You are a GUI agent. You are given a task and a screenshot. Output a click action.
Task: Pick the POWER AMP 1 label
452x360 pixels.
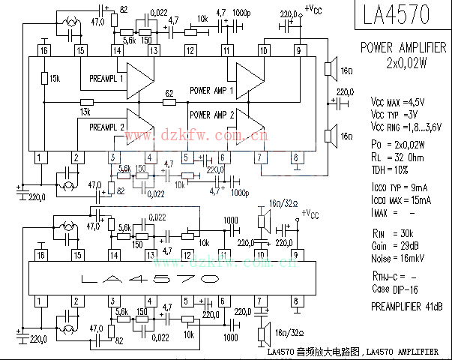212,90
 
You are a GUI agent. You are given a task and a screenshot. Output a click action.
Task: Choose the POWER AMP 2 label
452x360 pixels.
212,115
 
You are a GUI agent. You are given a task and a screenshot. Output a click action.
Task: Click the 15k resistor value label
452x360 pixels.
55,78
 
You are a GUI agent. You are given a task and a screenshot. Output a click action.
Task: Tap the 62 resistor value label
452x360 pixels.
169,94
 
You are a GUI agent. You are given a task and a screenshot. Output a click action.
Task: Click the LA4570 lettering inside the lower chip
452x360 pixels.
150,279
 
